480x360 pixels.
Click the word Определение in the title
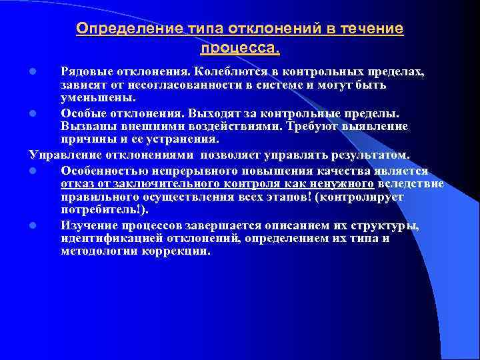[118, 29]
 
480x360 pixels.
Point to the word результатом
[359, 155]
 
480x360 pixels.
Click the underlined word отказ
[75, 183]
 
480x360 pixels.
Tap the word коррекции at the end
[179, 252]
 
